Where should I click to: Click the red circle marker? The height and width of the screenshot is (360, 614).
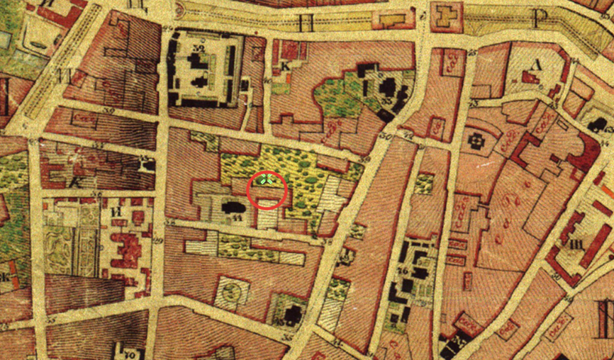click(267, 190)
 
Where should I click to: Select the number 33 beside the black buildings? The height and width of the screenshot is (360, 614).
click(386, 103)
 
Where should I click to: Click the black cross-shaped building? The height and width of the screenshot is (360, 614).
click(474, 140)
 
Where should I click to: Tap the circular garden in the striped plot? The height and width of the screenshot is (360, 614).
click(233, 290)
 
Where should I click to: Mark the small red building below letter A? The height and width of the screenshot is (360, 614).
click(530, 77)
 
